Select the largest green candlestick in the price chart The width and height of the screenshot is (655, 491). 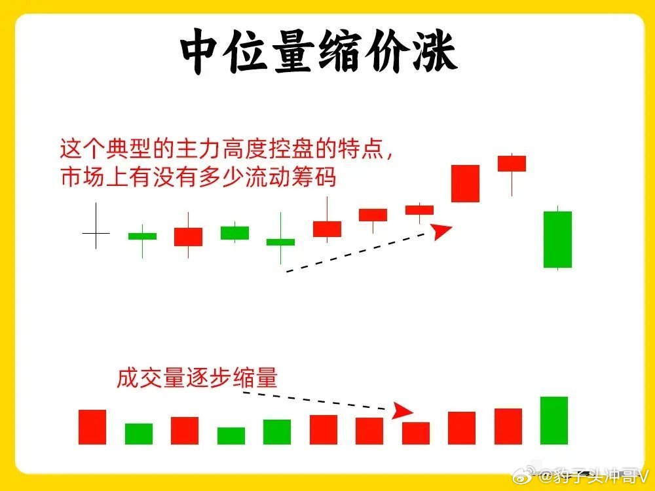(557, 239)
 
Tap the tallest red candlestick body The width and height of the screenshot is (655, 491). (465, 184)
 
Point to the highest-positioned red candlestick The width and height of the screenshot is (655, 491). (512, 164)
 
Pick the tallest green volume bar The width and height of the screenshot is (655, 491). (554, 420)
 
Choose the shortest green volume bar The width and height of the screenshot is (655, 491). (231, 436)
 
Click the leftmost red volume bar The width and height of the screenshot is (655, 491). (92, 427)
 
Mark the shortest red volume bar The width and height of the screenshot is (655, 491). (416, 433)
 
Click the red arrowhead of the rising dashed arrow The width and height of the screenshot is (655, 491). (441, 231)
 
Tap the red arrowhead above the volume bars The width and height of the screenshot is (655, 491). (402, 411)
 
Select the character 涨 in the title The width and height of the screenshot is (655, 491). (436, 52)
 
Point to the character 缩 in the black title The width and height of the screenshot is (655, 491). (343, 52)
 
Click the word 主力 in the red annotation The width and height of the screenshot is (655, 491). (198, 149)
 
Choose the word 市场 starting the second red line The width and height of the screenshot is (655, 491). (83, 177)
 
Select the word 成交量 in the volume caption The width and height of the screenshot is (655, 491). (151, 378)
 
